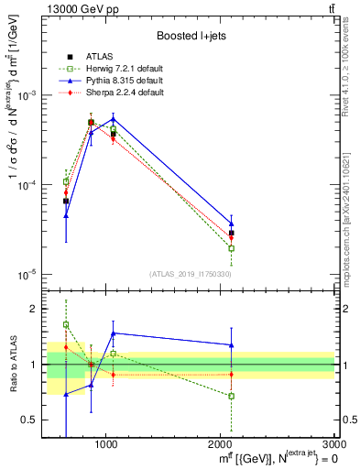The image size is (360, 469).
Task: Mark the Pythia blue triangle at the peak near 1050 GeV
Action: tap(113, 119)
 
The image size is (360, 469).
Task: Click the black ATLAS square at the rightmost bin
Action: tap(232, 234)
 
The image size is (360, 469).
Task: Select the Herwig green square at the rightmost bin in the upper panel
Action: tap(232, 248)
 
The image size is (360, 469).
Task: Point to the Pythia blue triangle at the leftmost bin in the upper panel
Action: tap(66, 216)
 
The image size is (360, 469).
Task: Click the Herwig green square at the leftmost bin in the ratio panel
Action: tap(66, 324)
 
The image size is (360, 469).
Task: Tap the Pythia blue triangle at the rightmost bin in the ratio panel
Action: tap(232, 345)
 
